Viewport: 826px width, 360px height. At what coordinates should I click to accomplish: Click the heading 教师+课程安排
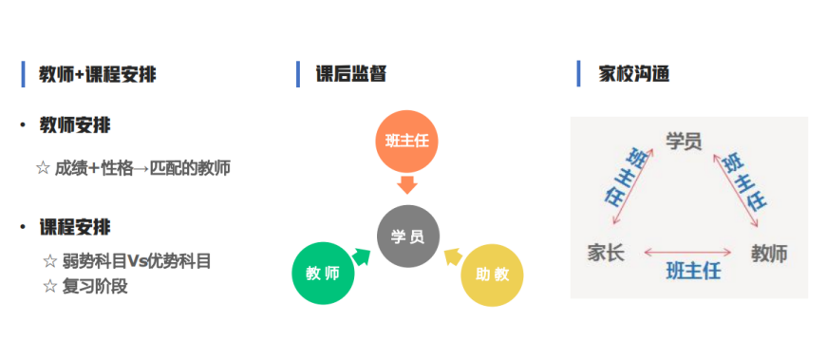[98, 74]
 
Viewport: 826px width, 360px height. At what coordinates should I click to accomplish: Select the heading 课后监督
[351, 74]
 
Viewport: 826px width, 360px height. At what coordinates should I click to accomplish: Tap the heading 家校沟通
[634, 73]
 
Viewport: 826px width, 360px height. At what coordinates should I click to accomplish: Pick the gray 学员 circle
[408, 236]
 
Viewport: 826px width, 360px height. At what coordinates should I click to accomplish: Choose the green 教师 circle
[323, 274]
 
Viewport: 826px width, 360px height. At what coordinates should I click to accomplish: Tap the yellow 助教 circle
[492, 275]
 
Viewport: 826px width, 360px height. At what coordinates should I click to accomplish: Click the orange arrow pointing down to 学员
[407, 183]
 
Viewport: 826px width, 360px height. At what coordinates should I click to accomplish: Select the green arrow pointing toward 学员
[362, 256]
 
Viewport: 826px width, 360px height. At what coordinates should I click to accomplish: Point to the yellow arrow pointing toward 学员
[452, 255]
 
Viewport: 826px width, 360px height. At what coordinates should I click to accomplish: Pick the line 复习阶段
[85, 286]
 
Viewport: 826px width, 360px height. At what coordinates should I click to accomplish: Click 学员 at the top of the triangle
[684, 142]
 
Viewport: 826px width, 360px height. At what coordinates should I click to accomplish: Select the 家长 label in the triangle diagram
[606, 254]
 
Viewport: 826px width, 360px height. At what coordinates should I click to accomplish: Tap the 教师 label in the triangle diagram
[769, 254]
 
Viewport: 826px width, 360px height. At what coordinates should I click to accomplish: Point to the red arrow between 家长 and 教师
[689, 253]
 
